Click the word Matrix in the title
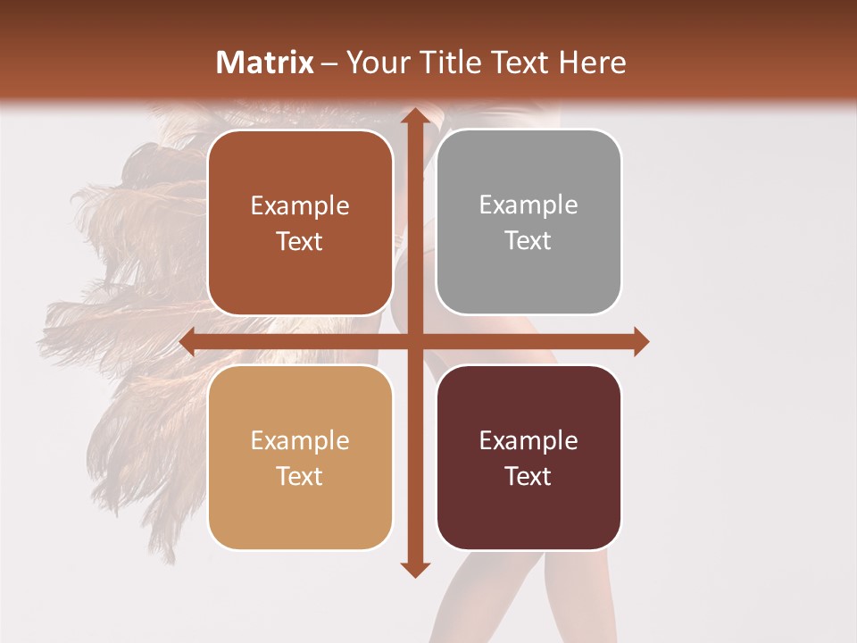(265, 63)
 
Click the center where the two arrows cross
(413, 342)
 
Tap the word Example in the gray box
(528, 205)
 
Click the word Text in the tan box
(300, 476)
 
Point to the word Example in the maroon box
(528, 440)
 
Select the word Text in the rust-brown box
(300, 241)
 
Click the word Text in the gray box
(528, 241)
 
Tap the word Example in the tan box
(300, 440)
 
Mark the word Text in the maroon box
(528, 476)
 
